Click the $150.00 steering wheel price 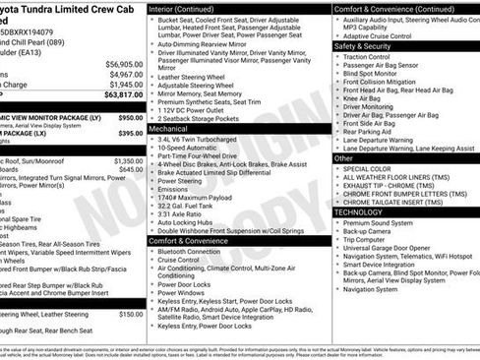pyautogui.click(x=131, y=315)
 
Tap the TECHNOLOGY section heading pyautogui.click(x=358, y=211)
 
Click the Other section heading pyautogui.click(x=343, y=157)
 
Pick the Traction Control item pyautogui.click(x=366, y=56)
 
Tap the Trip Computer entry pyautogui.click(x=365, y=240)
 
